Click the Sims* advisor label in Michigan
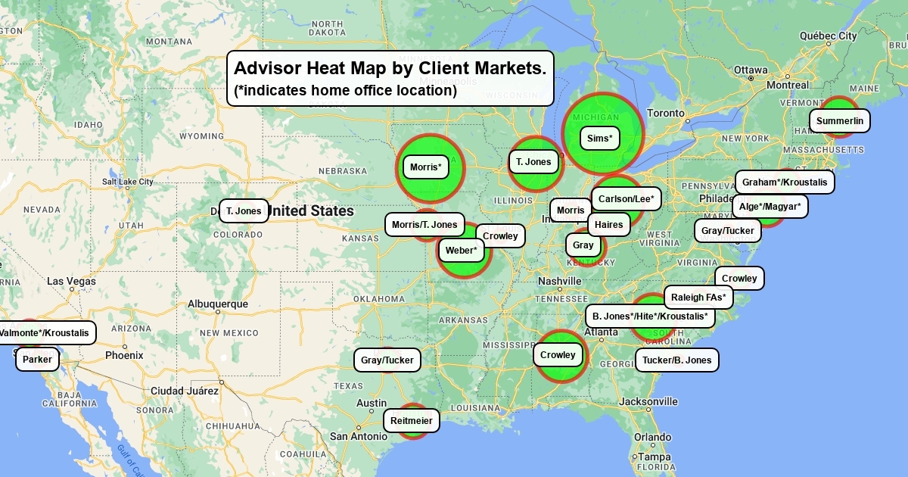[x=600, y=139]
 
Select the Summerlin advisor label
[x=840, y=120]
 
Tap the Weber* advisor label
[x=462, y=250]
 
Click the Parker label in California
[x=37, y=360]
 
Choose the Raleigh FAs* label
[x=698, y=297]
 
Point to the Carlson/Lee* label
[x=627, y=199]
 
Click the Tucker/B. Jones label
[x=677, y=360]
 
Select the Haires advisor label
[x=609, y=224]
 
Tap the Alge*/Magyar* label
[x=770, y=206]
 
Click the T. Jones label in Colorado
[x=244, y=210]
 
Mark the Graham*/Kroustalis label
[x=785, y=182]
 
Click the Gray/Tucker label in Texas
[x=387, y=360]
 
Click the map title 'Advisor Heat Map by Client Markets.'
[x=390, y=68]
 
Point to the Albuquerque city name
[x=218, y=304]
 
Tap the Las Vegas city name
[x=71, y=281]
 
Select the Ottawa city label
[x=751, y=69]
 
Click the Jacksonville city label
[x=648, y=401]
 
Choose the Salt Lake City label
[x=128, y=182]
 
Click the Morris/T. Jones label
[x=424, y=224]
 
